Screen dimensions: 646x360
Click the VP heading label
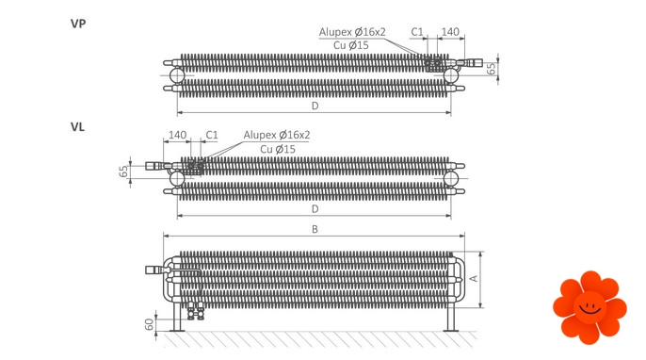click(78, 24)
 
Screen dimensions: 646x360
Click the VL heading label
click(77, 127)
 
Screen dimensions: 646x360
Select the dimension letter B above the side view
click(315, 229)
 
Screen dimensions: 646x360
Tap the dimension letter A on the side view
click(475, 278)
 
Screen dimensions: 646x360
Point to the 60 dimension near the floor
click(150, 324)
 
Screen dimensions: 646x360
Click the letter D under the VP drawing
click(315, 106)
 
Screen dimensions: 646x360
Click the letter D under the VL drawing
click(315, 209)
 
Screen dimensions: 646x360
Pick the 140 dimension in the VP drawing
click(450, 32)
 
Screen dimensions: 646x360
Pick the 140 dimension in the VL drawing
click(178, 135)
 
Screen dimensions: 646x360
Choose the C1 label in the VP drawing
click(417, 32)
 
